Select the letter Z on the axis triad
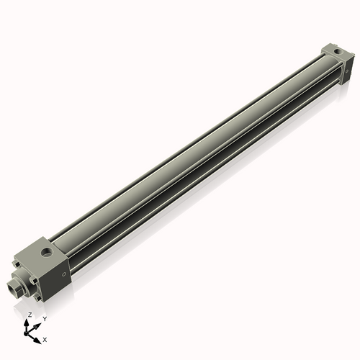point(29,315)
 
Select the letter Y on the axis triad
point(45,319)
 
